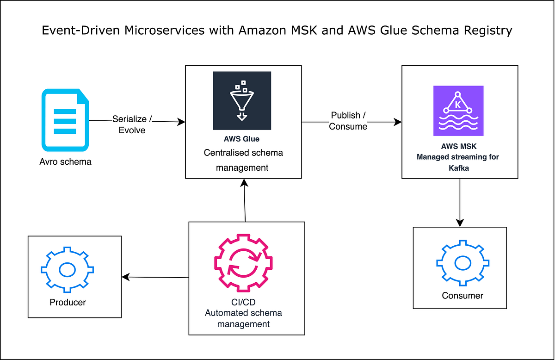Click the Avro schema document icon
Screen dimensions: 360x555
coord(65,120)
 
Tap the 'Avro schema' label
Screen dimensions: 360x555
coord(65,161)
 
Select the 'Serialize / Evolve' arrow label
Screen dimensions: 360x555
coord(132,124)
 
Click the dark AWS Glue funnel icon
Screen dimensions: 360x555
coord(242,100)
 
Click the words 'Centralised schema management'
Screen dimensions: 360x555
coord(243,160)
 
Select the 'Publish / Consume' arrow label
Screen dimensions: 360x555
coord(348,120)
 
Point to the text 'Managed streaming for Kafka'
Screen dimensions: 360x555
coord(458,162)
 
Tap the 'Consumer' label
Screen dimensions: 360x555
coord(462,295)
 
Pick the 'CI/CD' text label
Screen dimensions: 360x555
coord(243,302)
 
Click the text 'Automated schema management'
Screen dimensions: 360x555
coord(243,318)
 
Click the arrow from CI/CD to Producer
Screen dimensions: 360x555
coord(155,277)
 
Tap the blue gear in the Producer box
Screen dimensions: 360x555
coord(68,269)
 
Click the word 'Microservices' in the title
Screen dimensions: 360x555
coord(153,31)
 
